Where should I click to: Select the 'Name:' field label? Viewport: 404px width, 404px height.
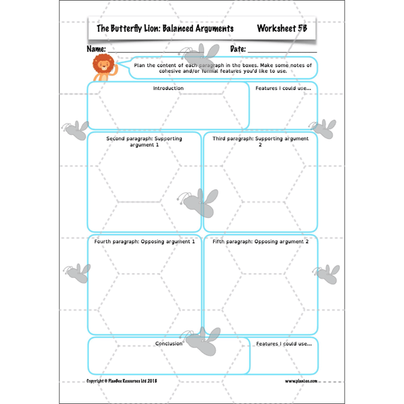click(x=96, y=49)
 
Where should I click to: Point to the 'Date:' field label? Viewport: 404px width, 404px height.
click(x=239, y=49)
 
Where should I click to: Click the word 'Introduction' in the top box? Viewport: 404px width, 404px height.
click(x=168, y=88)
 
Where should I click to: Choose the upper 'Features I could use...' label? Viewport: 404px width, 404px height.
click(x=283, y=88)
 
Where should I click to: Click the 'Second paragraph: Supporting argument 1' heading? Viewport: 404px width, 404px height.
click(x=144, y=141)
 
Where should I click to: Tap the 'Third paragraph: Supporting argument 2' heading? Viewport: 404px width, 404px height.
click(x=260, y=141)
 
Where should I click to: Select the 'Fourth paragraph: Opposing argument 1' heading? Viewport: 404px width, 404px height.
click(x=144, y=241)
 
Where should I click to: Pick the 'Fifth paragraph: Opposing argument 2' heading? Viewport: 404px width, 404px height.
click(x=260, y=241)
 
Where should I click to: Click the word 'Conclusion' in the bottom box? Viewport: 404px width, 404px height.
click(x=169, y=343)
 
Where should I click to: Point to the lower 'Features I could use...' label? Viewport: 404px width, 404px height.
click(x=283, y=343)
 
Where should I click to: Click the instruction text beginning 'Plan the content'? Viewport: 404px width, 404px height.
click(x=222, y=69)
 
